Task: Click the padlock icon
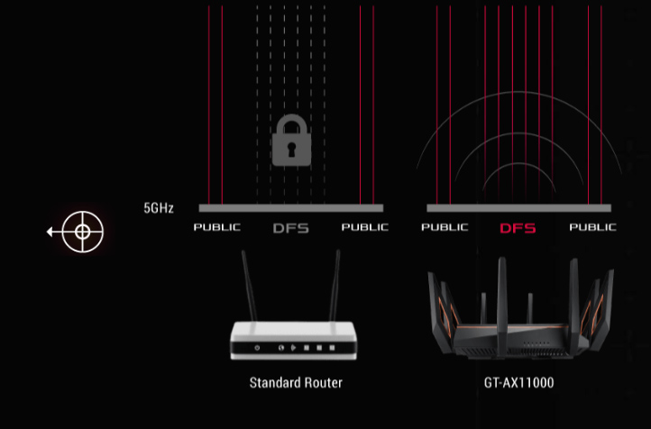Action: tap(291, 140)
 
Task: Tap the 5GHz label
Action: tap(159, 208)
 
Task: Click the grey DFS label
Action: tap(291, 228)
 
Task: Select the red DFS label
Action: tap(518, 228)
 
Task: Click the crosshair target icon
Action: tap(82, 232)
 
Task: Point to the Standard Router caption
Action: tap(296, 383)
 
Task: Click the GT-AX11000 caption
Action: tap(518, 383)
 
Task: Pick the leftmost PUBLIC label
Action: tap(217, 227)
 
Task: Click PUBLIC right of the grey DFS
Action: tap(364, 227)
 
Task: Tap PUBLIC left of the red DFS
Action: tap(445, 227)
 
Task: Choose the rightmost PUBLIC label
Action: tap(592, 227)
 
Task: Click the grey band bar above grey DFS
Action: tap(291, 208)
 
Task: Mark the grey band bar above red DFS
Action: tap(518, 208)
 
